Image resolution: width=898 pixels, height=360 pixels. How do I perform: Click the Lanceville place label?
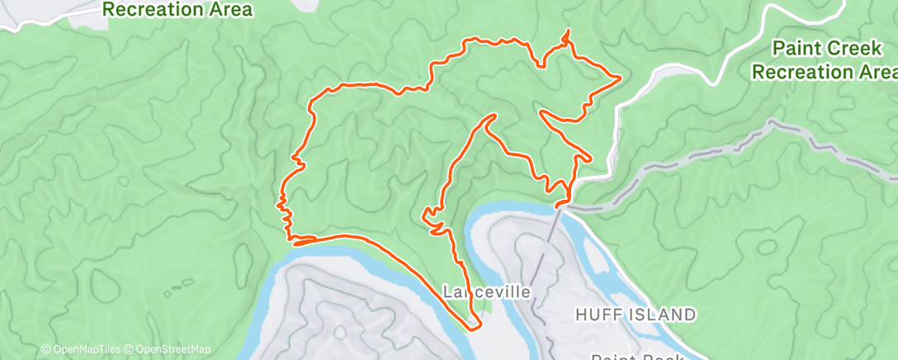click(485, 292)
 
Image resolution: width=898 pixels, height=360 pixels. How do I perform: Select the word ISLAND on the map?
click(665, 315)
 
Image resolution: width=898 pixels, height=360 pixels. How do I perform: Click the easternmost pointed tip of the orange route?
click(619, 78)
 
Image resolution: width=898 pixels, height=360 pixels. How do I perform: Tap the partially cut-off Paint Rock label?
click(637, 358)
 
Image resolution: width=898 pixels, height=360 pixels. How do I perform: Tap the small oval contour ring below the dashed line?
click(767, 246)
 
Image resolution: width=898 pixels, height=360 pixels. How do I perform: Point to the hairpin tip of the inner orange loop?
click(493, 116)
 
